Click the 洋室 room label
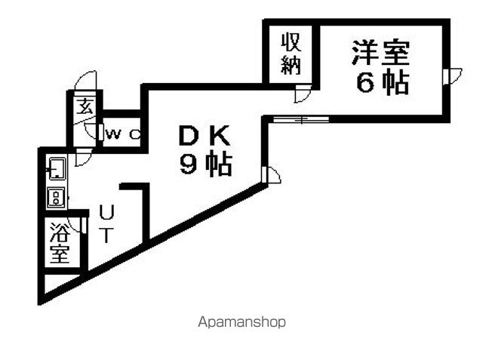click(x=380, y=53)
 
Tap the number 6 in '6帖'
click(x=365, y=83)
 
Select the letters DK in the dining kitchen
click(x=205, y=136)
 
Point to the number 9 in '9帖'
click(x=189, y=164)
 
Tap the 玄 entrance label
click(x=85, y=106)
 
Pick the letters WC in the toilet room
click(x=122, y=134)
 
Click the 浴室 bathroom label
click(x=60, y=243)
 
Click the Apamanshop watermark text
click(x=241, y=322)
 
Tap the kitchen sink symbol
click(x=57, y=168)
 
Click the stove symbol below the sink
click(x=57, y=197)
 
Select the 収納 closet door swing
click(x=303, y=94)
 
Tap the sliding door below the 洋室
click(x=301, y=119)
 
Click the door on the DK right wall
click(x=271, y=175)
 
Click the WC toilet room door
click(x=100, y=132)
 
